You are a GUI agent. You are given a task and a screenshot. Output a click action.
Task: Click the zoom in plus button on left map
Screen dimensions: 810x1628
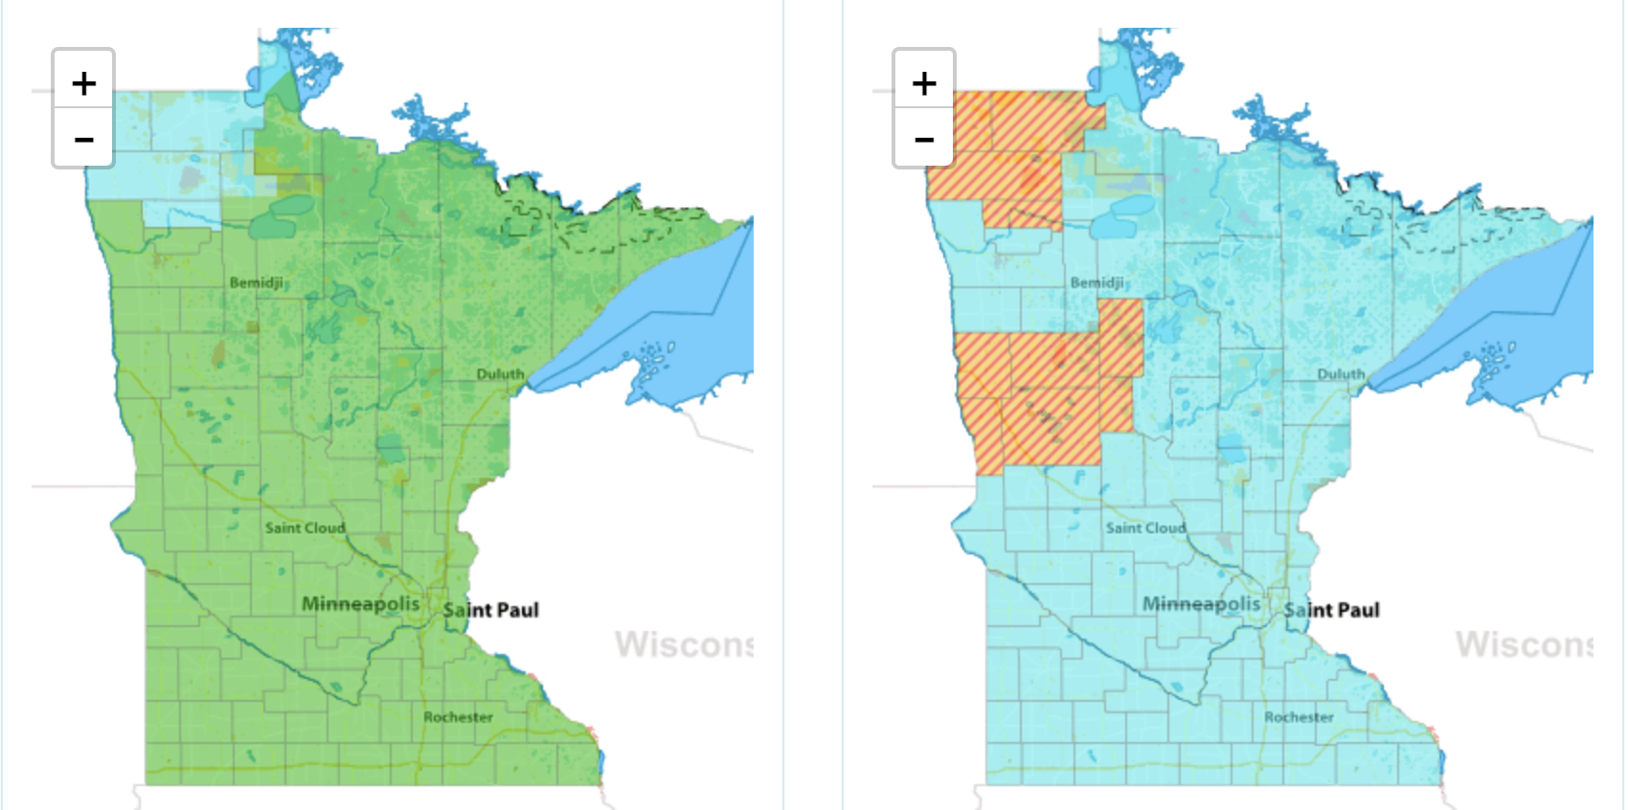click(83, 83)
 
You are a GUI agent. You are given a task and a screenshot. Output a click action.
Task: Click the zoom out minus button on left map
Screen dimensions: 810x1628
click(83, 140)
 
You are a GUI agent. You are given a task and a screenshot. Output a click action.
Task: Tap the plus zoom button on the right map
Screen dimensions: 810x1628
click(924, 83)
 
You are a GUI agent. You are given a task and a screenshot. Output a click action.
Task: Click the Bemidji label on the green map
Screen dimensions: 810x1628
click(256, 282)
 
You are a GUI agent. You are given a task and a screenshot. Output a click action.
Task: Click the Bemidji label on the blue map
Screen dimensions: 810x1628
click(1097, 282)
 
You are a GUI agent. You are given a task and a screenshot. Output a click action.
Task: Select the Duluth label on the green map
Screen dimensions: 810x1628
click(500, 373)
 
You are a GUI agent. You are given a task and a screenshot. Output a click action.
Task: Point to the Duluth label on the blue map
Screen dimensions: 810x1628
click(1341, 373)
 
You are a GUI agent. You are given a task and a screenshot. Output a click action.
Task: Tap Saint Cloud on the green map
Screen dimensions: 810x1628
click(305, 528)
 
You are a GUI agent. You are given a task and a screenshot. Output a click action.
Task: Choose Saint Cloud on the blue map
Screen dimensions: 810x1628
click(1145, 528)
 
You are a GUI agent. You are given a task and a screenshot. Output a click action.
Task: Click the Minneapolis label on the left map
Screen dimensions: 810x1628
click(360, 603)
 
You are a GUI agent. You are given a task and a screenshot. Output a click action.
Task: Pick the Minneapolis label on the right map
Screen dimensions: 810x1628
click(1201, 603)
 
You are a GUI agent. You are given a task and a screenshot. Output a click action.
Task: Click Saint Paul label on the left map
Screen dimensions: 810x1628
click(490, 610)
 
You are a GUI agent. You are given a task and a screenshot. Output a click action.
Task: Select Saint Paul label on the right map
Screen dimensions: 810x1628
click(1331, 610)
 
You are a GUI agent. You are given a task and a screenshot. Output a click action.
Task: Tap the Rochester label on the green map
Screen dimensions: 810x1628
click(458, 716)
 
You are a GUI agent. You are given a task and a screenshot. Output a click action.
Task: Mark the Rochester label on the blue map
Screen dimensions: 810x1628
click(1299, 716)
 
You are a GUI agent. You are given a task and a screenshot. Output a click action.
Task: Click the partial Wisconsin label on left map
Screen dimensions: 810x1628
click(683, 644)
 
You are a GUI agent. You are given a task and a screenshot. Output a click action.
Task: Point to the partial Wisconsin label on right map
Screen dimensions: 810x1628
click(1524, 644)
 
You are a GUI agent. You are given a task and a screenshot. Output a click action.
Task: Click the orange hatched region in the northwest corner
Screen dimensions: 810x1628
click(1006, 153)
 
